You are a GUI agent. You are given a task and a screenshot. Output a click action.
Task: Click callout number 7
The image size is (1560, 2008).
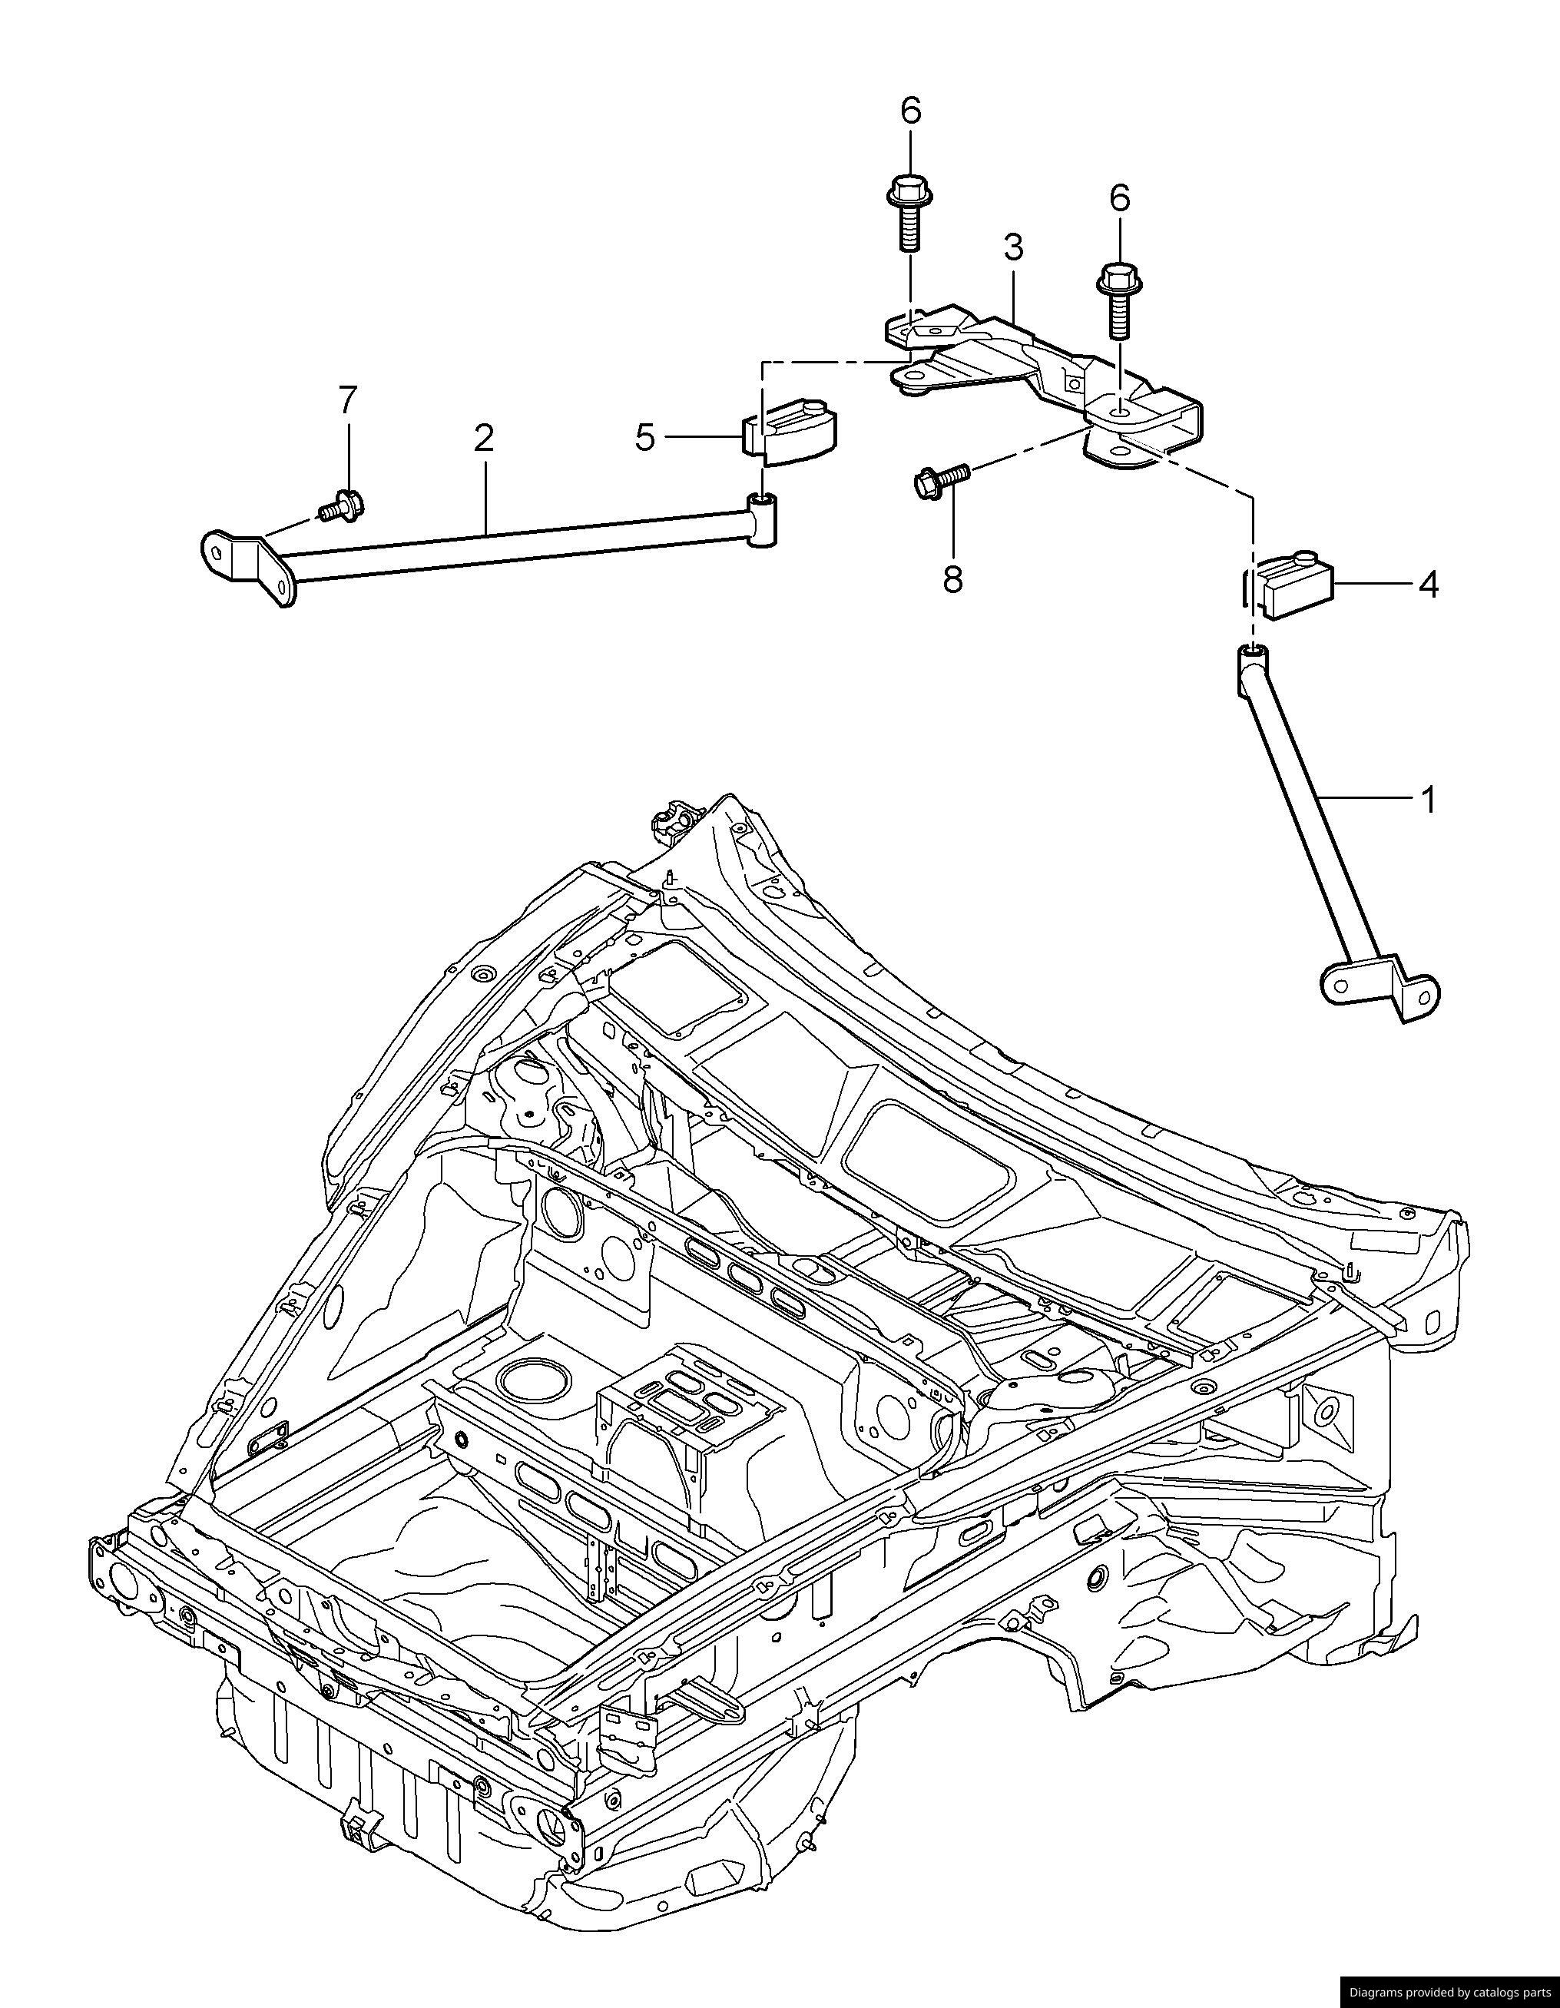click(x=346, y=401)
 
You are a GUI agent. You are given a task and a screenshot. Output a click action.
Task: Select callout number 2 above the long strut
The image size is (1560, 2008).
click(x=484, y=439)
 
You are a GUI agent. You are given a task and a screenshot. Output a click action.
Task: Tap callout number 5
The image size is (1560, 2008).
click(x=645, y=439)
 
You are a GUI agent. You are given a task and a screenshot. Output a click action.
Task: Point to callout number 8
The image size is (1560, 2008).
click(x=952, y=579)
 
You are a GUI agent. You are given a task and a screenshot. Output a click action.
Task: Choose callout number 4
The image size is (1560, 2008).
click(x=1428, y=584)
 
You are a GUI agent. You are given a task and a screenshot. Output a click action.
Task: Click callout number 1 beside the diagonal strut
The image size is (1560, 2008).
click(x=1428, y=800)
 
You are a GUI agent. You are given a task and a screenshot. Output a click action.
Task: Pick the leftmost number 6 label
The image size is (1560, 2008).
click(x=909, y=111)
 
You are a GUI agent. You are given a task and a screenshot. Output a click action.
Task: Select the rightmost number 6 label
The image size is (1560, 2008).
click(x=1120, y=197)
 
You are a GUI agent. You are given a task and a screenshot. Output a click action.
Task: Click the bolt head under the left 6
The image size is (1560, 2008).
click(x=907, y=193)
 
